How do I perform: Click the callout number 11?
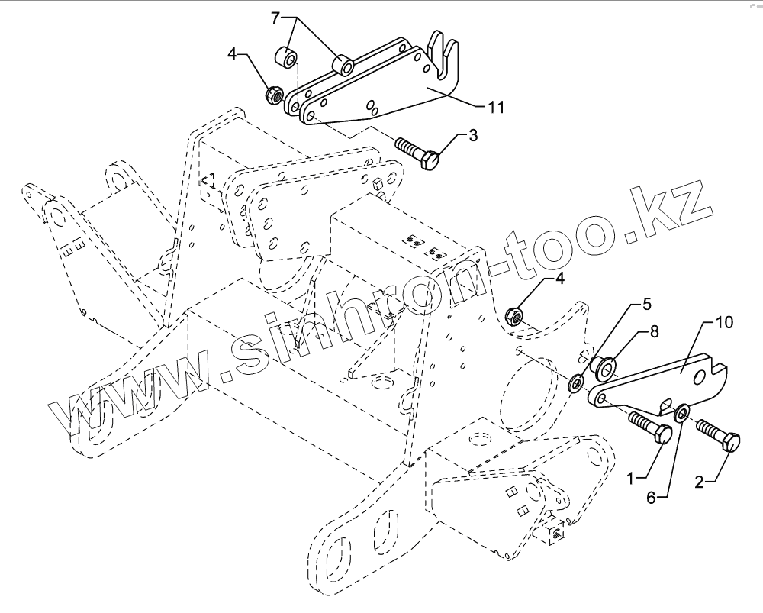(496, 108)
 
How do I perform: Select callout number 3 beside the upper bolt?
(473, 137)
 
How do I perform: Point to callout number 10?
(724, 323)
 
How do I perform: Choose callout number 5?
(646, 305)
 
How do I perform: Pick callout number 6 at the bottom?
(652, 497)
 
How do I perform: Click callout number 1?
(632, 479)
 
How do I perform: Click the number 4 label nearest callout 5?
(559, 279)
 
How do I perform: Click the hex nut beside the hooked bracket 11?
(272, 95)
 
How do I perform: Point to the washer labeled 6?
(681, 412)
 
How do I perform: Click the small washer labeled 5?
(577, 379)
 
